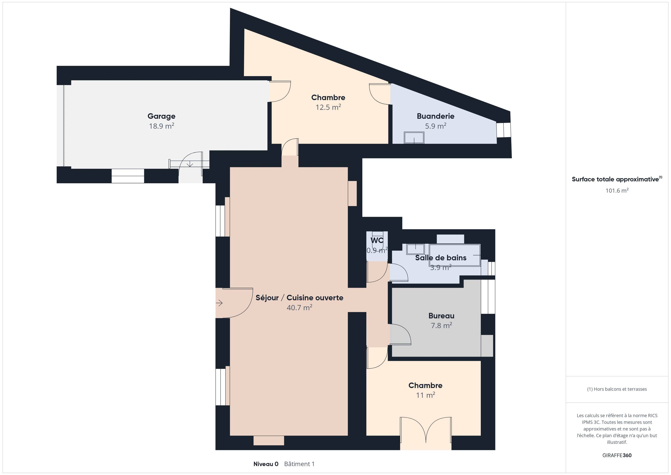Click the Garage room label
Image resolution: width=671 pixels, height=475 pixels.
[161, 116]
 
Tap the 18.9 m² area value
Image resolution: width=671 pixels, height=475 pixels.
[162, 126]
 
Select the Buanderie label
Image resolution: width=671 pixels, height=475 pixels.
[435, 116]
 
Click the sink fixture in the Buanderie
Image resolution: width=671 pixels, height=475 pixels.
[414, 138]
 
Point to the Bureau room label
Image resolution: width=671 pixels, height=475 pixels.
[441, 316]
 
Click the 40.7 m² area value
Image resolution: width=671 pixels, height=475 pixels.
[299, 307]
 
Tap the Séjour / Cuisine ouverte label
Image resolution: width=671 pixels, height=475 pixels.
[299, 298]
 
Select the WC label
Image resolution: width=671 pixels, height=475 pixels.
[377, 240]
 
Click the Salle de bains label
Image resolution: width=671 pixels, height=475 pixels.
[441, 258]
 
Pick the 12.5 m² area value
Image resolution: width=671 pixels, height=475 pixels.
[328, 107]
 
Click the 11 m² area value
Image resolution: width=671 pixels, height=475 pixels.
[425, 395]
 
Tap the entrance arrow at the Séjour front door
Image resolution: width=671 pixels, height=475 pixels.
[219, 303]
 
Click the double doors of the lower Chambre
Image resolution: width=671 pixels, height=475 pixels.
[426, 430]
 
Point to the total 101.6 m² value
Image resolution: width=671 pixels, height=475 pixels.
[617, 190]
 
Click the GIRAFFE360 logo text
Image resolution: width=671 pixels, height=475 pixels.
[617, 455]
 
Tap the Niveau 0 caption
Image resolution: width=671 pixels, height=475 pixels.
[266, 464]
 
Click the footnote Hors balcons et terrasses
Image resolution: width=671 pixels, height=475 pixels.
[617, 389]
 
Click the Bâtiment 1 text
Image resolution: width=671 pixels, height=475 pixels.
[299, 464]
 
